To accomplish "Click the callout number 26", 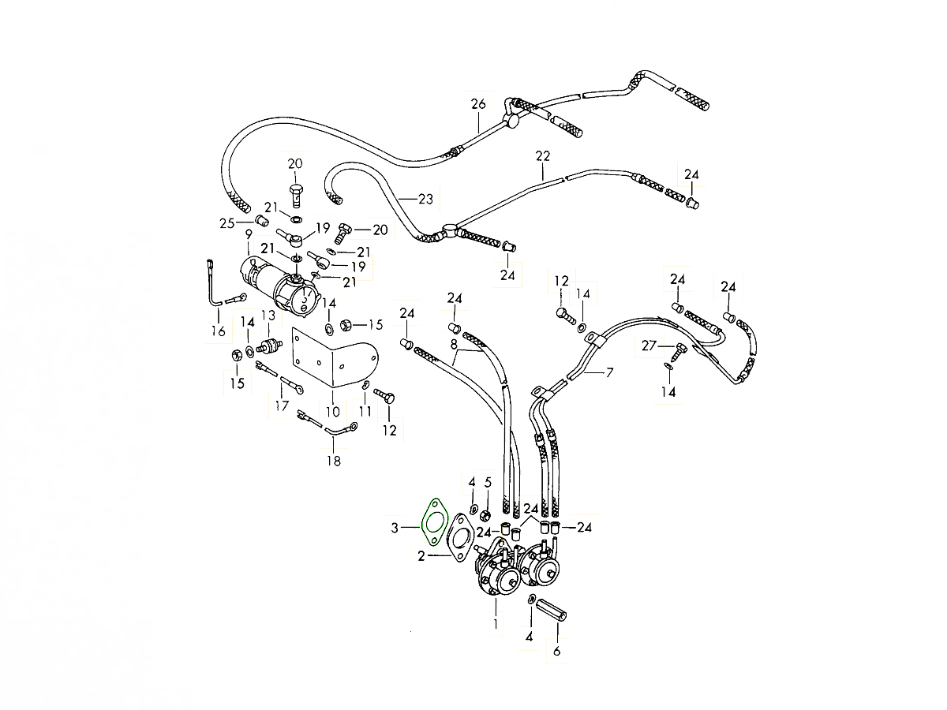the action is click(478, 104).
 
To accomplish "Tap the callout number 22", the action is click(543, 156).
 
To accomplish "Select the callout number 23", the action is click(425, 199).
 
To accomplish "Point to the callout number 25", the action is click(227, 223).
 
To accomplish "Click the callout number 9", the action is click(249, 234).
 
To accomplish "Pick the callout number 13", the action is click(268, 315).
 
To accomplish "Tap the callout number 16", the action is click(219, 331).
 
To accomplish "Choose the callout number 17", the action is click(282, 405).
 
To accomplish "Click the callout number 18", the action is click(334, 461).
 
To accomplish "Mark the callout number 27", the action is click(649, 346).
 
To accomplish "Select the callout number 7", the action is click(609, 372).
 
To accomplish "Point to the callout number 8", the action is click(454, 345).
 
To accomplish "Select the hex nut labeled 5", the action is click(485, 515).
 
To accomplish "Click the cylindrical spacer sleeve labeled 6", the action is click(551, 610).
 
